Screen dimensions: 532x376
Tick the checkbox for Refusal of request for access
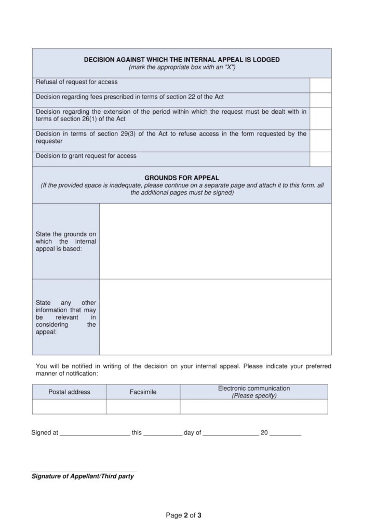point(320,85)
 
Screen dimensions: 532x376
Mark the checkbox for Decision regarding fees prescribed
point(320,100)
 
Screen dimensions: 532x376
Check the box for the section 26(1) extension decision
point(320,118)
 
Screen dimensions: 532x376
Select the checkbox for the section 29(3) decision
point(320,141)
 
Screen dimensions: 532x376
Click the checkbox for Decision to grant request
point(320,159)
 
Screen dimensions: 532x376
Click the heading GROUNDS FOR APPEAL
point(182,178)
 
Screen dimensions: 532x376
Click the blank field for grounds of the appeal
point(215,241)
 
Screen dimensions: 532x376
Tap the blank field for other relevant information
point(215,317)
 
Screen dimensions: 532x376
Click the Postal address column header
point(69,392)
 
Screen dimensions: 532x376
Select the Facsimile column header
point(143,392)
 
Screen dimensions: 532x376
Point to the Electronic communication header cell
point(254,392)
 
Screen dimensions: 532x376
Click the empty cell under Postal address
point(69,406)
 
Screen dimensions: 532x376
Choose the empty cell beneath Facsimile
point(143,406)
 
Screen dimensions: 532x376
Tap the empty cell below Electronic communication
point(254,406)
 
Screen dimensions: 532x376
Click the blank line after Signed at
point(95,433)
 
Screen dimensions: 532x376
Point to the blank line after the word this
point(163,433)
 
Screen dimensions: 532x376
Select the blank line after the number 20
point(285,433)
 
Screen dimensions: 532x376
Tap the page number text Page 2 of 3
point(184,515)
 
